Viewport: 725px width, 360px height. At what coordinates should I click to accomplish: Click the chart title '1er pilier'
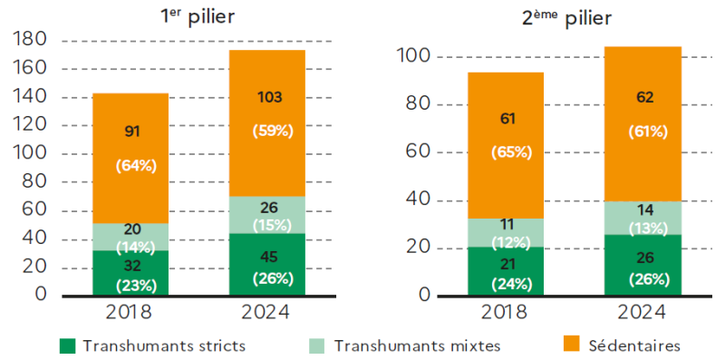coord(197,18)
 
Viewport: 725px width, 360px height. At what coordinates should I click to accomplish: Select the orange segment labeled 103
coord(267,123)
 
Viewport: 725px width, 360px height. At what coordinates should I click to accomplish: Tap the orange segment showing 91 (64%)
coord(130,159)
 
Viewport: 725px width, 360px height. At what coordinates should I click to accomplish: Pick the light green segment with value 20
coord(130,237)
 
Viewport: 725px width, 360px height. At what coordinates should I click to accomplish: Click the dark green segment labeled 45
coord(267,264)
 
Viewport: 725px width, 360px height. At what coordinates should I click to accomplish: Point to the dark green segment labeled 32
coord(130,273)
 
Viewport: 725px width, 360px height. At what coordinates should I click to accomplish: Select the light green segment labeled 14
coord(643,218)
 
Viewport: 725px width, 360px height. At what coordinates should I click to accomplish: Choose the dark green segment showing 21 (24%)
coord(506,271)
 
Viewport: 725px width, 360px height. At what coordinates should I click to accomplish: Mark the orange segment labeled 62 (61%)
coord(643,124)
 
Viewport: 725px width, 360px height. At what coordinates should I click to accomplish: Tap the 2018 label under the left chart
coord(129,313)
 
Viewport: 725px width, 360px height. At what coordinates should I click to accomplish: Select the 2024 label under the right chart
coord(642,313)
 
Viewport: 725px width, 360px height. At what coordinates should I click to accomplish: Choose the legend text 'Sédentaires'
coord(635,346)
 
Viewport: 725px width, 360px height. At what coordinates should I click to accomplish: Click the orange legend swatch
coord(573,346)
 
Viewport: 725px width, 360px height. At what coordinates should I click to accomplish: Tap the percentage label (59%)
coord(273,131)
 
